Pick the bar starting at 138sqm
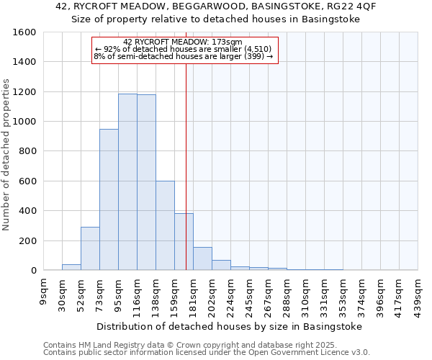165,225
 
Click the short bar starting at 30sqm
71,267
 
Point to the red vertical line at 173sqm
186,166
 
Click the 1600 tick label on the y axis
24,32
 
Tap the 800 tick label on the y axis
27,151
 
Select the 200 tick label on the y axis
27,240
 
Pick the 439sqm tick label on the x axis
418,290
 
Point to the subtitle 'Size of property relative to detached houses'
216,19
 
